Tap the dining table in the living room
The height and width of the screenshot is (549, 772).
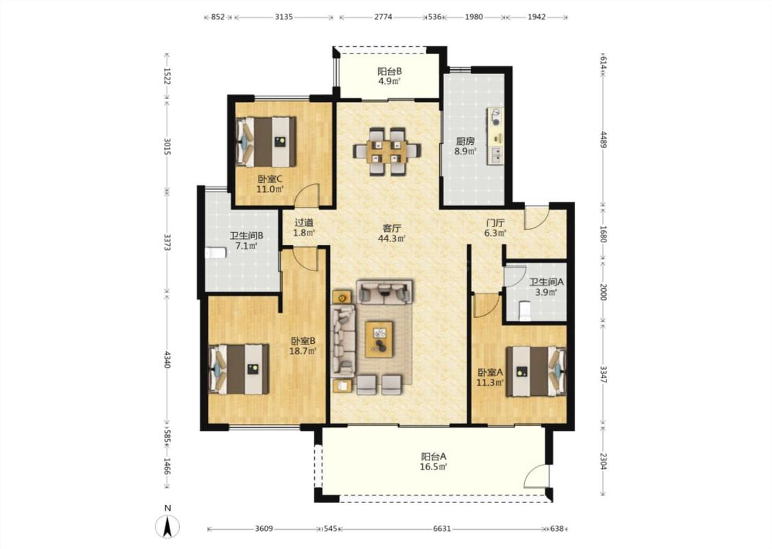(387, 152)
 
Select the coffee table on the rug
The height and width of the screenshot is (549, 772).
(379, 339)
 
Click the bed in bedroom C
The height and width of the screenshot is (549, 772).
(266, 141)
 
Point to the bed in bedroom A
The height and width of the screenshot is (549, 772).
(536, 371)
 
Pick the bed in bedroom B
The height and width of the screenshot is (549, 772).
(239, 369)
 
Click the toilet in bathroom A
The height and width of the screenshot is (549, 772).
(526, 311)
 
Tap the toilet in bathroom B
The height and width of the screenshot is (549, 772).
(215, 253)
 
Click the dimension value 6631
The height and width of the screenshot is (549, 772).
(442, 529)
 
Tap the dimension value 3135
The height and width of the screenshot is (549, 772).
(284, 16)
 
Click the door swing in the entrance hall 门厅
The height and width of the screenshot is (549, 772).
(536, 218)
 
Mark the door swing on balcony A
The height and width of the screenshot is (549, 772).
(535, 476)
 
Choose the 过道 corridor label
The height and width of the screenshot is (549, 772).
(304, 222)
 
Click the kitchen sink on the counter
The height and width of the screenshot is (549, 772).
(495, 156)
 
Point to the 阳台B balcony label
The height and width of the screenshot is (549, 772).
(390, 71)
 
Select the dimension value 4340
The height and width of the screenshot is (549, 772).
(167, 360)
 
